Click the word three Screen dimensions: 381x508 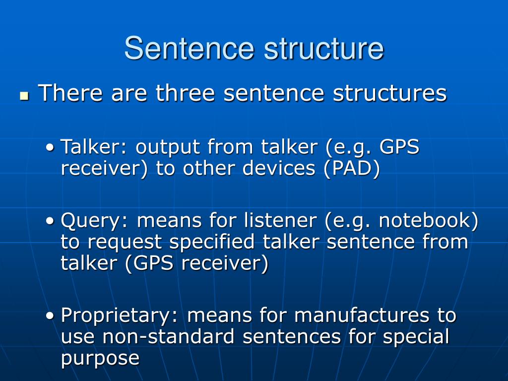tap(185, 93)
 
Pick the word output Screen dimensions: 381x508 tap(168, 147)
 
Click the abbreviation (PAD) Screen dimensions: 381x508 tap(352, 169)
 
